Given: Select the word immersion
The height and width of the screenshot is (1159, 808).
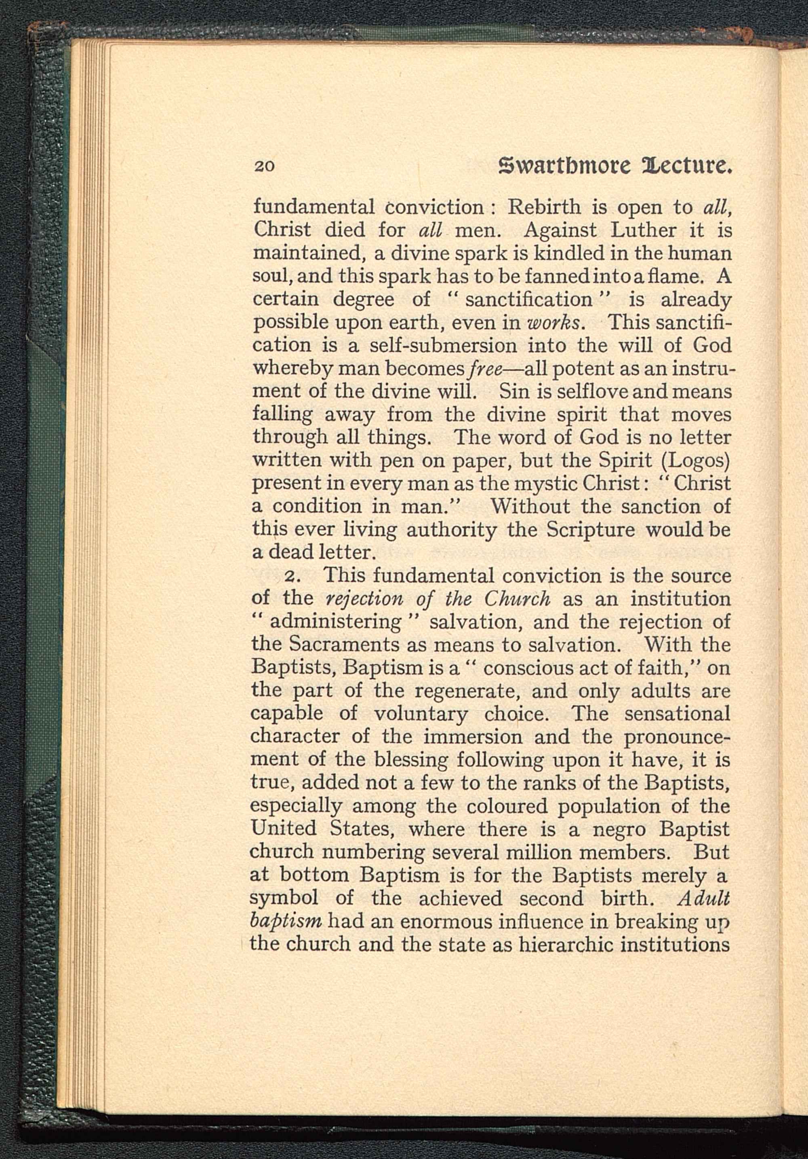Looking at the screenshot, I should (473, 736).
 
